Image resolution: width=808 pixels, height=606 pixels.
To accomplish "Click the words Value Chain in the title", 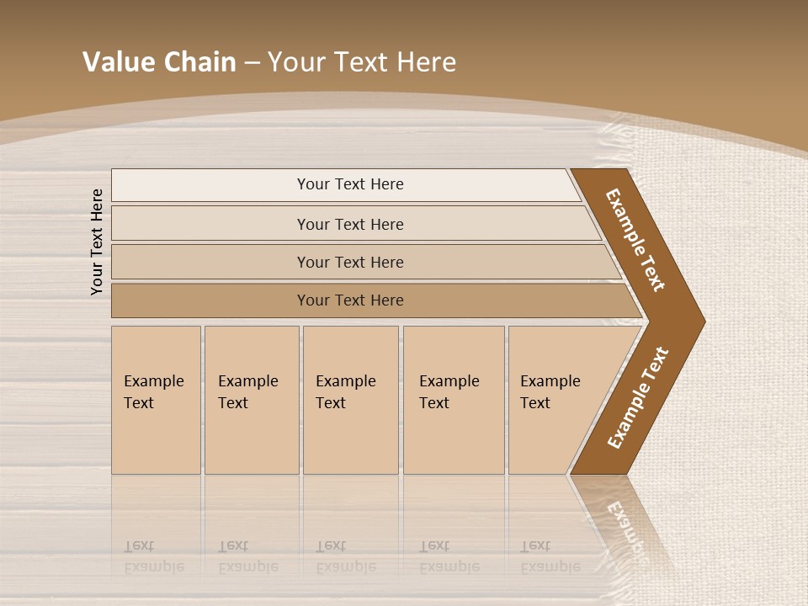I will [159, 62].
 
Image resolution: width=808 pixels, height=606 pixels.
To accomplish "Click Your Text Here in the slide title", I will [362, 62].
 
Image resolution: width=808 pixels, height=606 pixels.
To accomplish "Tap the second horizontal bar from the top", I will [350, 224].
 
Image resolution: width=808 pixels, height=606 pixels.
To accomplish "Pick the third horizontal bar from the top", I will [350, 262].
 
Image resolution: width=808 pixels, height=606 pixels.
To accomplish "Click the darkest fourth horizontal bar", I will [350, 300].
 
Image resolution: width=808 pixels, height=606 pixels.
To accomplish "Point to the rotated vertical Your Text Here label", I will [97, 242].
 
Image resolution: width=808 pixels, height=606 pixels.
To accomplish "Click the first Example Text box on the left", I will [156, 400].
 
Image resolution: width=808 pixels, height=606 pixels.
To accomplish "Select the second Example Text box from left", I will [251, 400].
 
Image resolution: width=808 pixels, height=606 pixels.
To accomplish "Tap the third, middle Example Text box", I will [349, 400].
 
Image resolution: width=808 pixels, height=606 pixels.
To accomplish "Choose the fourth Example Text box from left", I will [453, 400].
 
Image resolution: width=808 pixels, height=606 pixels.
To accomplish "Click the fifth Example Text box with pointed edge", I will [555, 400].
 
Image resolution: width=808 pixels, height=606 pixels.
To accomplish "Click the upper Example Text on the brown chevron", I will [635, 240].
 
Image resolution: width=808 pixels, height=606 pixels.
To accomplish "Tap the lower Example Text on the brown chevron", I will [638, 397].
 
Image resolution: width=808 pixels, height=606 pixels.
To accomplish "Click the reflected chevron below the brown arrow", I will [623, 522].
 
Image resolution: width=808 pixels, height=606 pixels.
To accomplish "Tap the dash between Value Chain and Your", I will [252, 63].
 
